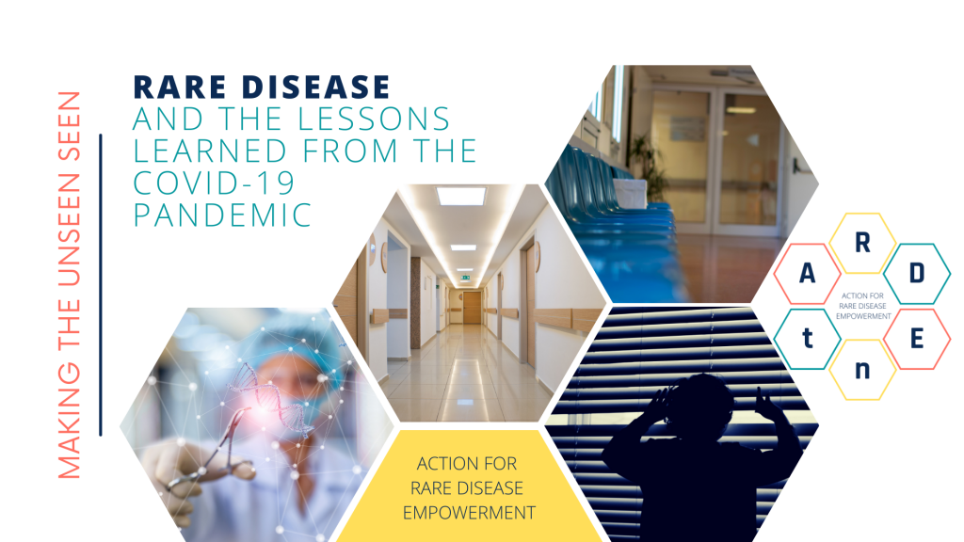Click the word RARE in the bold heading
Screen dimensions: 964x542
click(x=180, y=87)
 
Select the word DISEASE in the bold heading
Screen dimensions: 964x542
click(x=316, y=87)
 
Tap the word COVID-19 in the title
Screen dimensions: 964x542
click(x=214, y=183)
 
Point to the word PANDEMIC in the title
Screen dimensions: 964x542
click(x=222, y=215)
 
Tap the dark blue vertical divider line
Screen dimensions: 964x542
click(x=100, y=284)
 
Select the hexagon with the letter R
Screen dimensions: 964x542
click(x=862, y=244)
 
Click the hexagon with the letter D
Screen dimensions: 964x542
click(x=917, y=274)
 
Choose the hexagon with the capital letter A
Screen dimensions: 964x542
click(x=807, y=274)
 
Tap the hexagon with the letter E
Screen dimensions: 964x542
click(x=917, y=339)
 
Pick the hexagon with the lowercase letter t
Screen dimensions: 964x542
click(x=807, y=339)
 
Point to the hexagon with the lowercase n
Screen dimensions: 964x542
click(x=862, y=369)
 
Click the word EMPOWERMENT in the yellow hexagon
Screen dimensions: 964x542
click(x=469, y=513)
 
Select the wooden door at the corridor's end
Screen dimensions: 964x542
click(x=473, y=308)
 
